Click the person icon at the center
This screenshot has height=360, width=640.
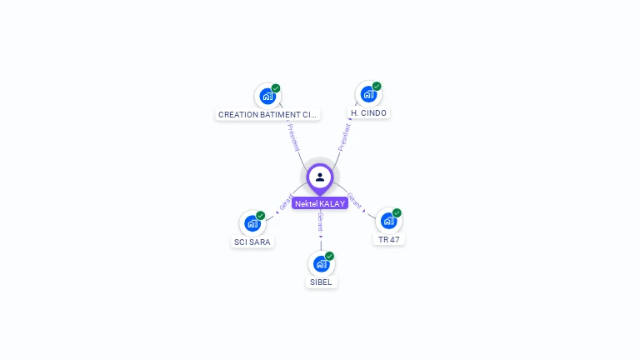pos(320,177)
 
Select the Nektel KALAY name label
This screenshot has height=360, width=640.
pos(320,203)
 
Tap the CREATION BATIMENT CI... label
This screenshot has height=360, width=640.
pos(267,114)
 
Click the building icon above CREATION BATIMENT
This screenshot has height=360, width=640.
pos(267,96)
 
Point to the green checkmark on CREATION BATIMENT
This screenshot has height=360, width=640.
pos(276,87)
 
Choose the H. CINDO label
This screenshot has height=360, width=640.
pos(368,112)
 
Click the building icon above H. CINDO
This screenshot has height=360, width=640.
pos(368,94)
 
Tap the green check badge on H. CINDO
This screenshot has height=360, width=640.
pos(377,86)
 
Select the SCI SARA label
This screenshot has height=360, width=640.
pos(252,242)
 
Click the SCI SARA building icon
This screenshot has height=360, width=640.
pos(252,223)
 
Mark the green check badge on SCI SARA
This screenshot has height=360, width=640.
pos(261,215)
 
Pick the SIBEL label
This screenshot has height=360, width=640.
pos(321,282)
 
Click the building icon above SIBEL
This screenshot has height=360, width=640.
pos(321,264)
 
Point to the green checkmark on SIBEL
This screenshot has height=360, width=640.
pos(329,256)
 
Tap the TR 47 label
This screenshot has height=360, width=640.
pos(388,239)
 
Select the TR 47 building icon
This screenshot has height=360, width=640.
pos(388,221)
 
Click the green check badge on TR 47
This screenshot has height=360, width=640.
pos(397,212)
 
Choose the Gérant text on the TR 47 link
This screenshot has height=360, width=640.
pos(354,200)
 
